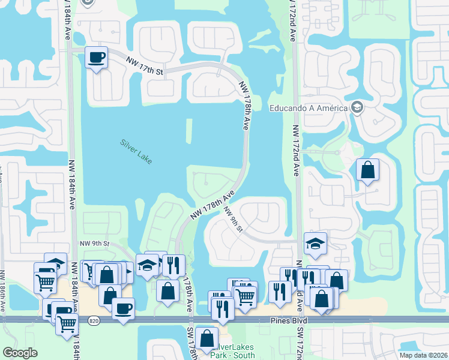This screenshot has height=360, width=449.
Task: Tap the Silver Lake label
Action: click(x=136, y=151)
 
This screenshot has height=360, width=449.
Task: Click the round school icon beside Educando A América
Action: click(x=358, y=107)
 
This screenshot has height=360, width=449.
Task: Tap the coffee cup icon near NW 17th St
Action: click(x=97, y=58)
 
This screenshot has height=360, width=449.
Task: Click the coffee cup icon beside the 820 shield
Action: click(x=123, y=308)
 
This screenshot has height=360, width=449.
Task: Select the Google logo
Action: click(x=20, y=353)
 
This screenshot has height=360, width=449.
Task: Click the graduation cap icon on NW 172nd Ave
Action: click(x=315, y=244)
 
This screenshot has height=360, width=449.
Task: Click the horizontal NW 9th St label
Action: click(x=95, y=244)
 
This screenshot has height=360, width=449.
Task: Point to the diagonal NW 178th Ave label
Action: click(x=212, y=205)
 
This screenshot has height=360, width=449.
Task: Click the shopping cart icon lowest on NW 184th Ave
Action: click(x=67, y=323)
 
